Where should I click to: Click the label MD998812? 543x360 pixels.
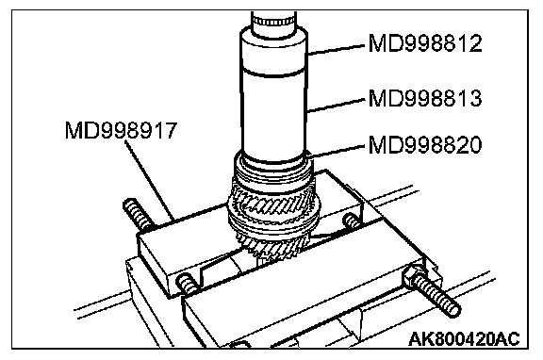425,43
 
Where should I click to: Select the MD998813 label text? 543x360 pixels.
425,98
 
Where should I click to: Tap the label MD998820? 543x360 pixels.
425,144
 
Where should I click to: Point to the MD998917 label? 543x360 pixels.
122,130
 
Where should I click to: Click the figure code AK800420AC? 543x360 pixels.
464,339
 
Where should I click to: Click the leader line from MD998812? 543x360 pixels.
336,49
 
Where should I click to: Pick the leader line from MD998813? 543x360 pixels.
336,105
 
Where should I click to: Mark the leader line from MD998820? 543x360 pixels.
336,150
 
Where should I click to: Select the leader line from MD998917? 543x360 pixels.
150,181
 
